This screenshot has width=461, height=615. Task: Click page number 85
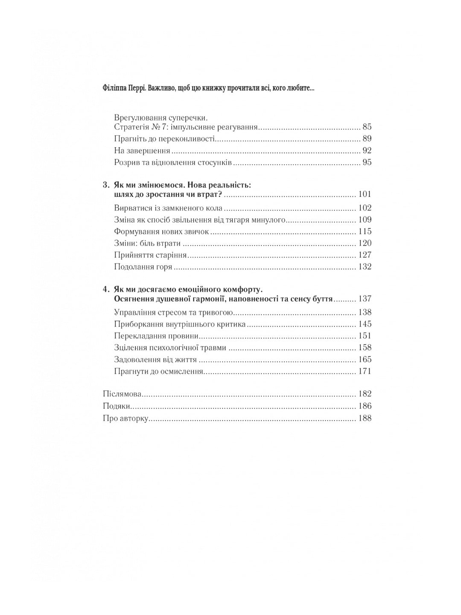pos(367,127)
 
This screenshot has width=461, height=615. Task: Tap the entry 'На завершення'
pos(142,151)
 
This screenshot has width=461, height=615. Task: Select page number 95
pos(367,162)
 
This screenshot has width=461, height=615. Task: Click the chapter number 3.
pos(105,185)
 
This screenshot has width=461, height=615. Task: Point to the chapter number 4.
pos(105,289)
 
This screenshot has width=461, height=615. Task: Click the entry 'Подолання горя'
pos(143,267)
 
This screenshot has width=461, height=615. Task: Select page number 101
pos(365,194)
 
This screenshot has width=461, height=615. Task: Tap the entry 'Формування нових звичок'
pos(162,231)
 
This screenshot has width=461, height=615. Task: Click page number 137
pos(365,299)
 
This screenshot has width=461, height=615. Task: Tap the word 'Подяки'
pos(117,406)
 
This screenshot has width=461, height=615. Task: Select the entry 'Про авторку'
pos(125,418)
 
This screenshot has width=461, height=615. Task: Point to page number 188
pos(365,418)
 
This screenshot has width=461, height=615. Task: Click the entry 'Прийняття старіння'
pos(151,255)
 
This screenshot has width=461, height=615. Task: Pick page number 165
pos(365,360)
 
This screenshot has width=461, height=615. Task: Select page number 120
pos(365,243)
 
